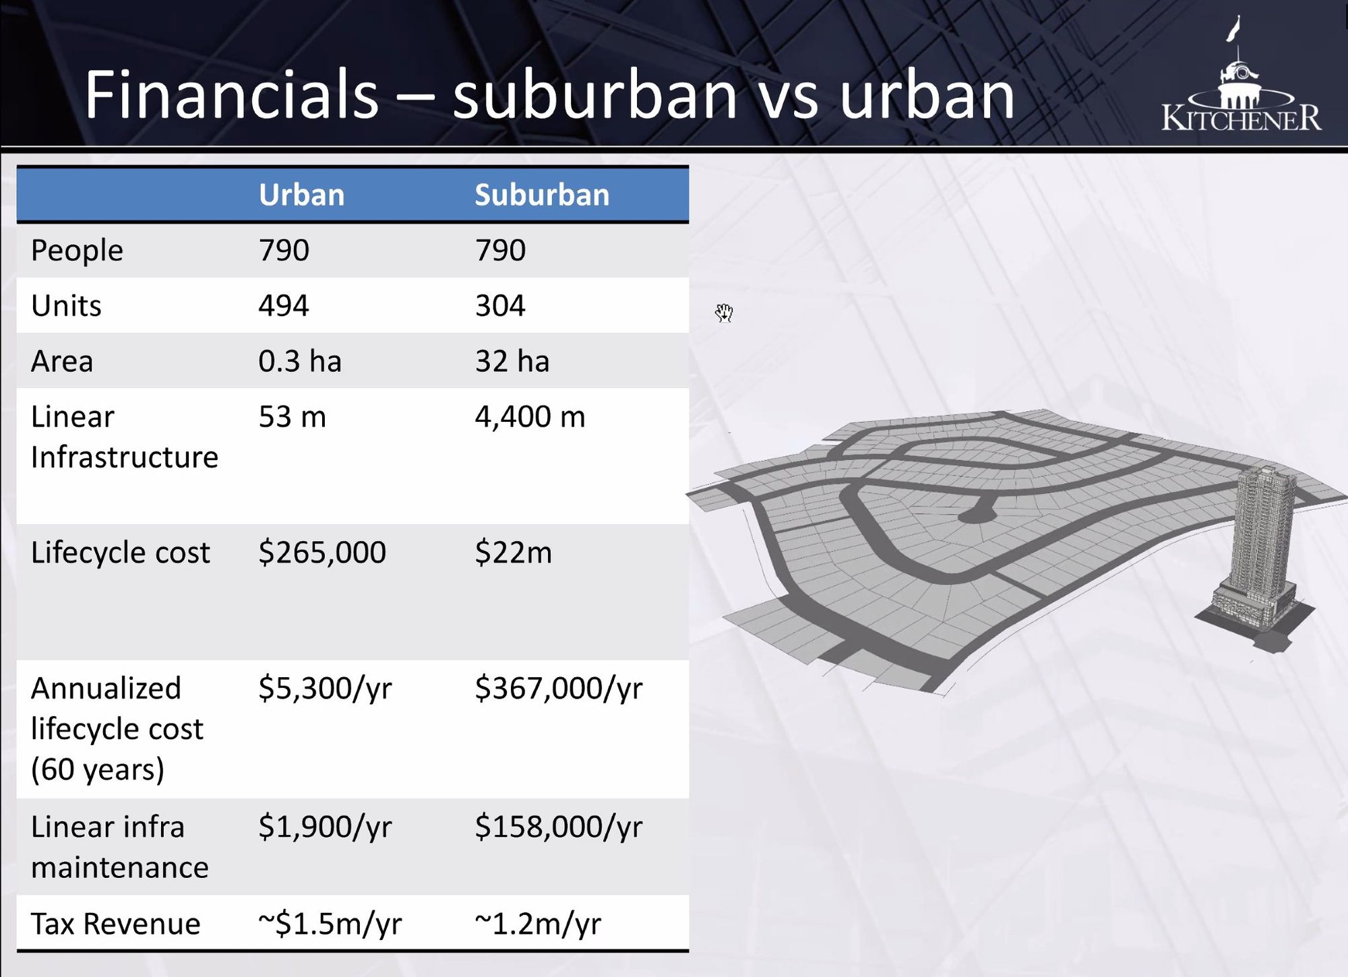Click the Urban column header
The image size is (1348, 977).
point(301,195)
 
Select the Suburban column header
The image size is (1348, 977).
point(542,195)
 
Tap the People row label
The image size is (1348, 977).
point(77,251)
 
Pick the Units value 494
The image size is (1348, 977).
point(284,305)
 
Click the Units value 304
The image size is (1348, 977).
point(500,305)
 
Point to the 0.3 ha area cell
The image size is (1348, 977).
point(300,361)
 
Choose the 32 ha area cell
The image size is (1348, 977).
point(512,361)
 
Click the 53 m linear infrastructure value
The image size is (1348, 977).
point(293,416)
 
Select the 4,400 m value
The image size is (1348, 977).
point(530,416)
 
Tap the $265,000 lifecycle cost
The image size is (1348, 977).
point(322,553)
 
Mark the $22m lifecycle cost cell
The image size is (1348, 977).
point(514,553)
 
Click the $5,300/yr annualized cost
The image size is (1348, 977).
point(325,689)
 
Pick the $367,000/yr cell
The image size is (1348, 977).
point(559,689)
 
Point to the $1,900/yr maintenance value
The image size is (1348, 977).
point(325,827)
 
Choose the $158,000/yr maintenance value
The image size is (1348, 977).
point(559,827)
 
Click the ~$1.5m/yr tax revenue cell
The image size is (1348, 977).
point(330,924)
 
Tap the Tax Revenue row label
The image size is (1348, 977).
point(116,924)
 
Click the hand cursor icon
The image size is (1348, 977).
point(724,313)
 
